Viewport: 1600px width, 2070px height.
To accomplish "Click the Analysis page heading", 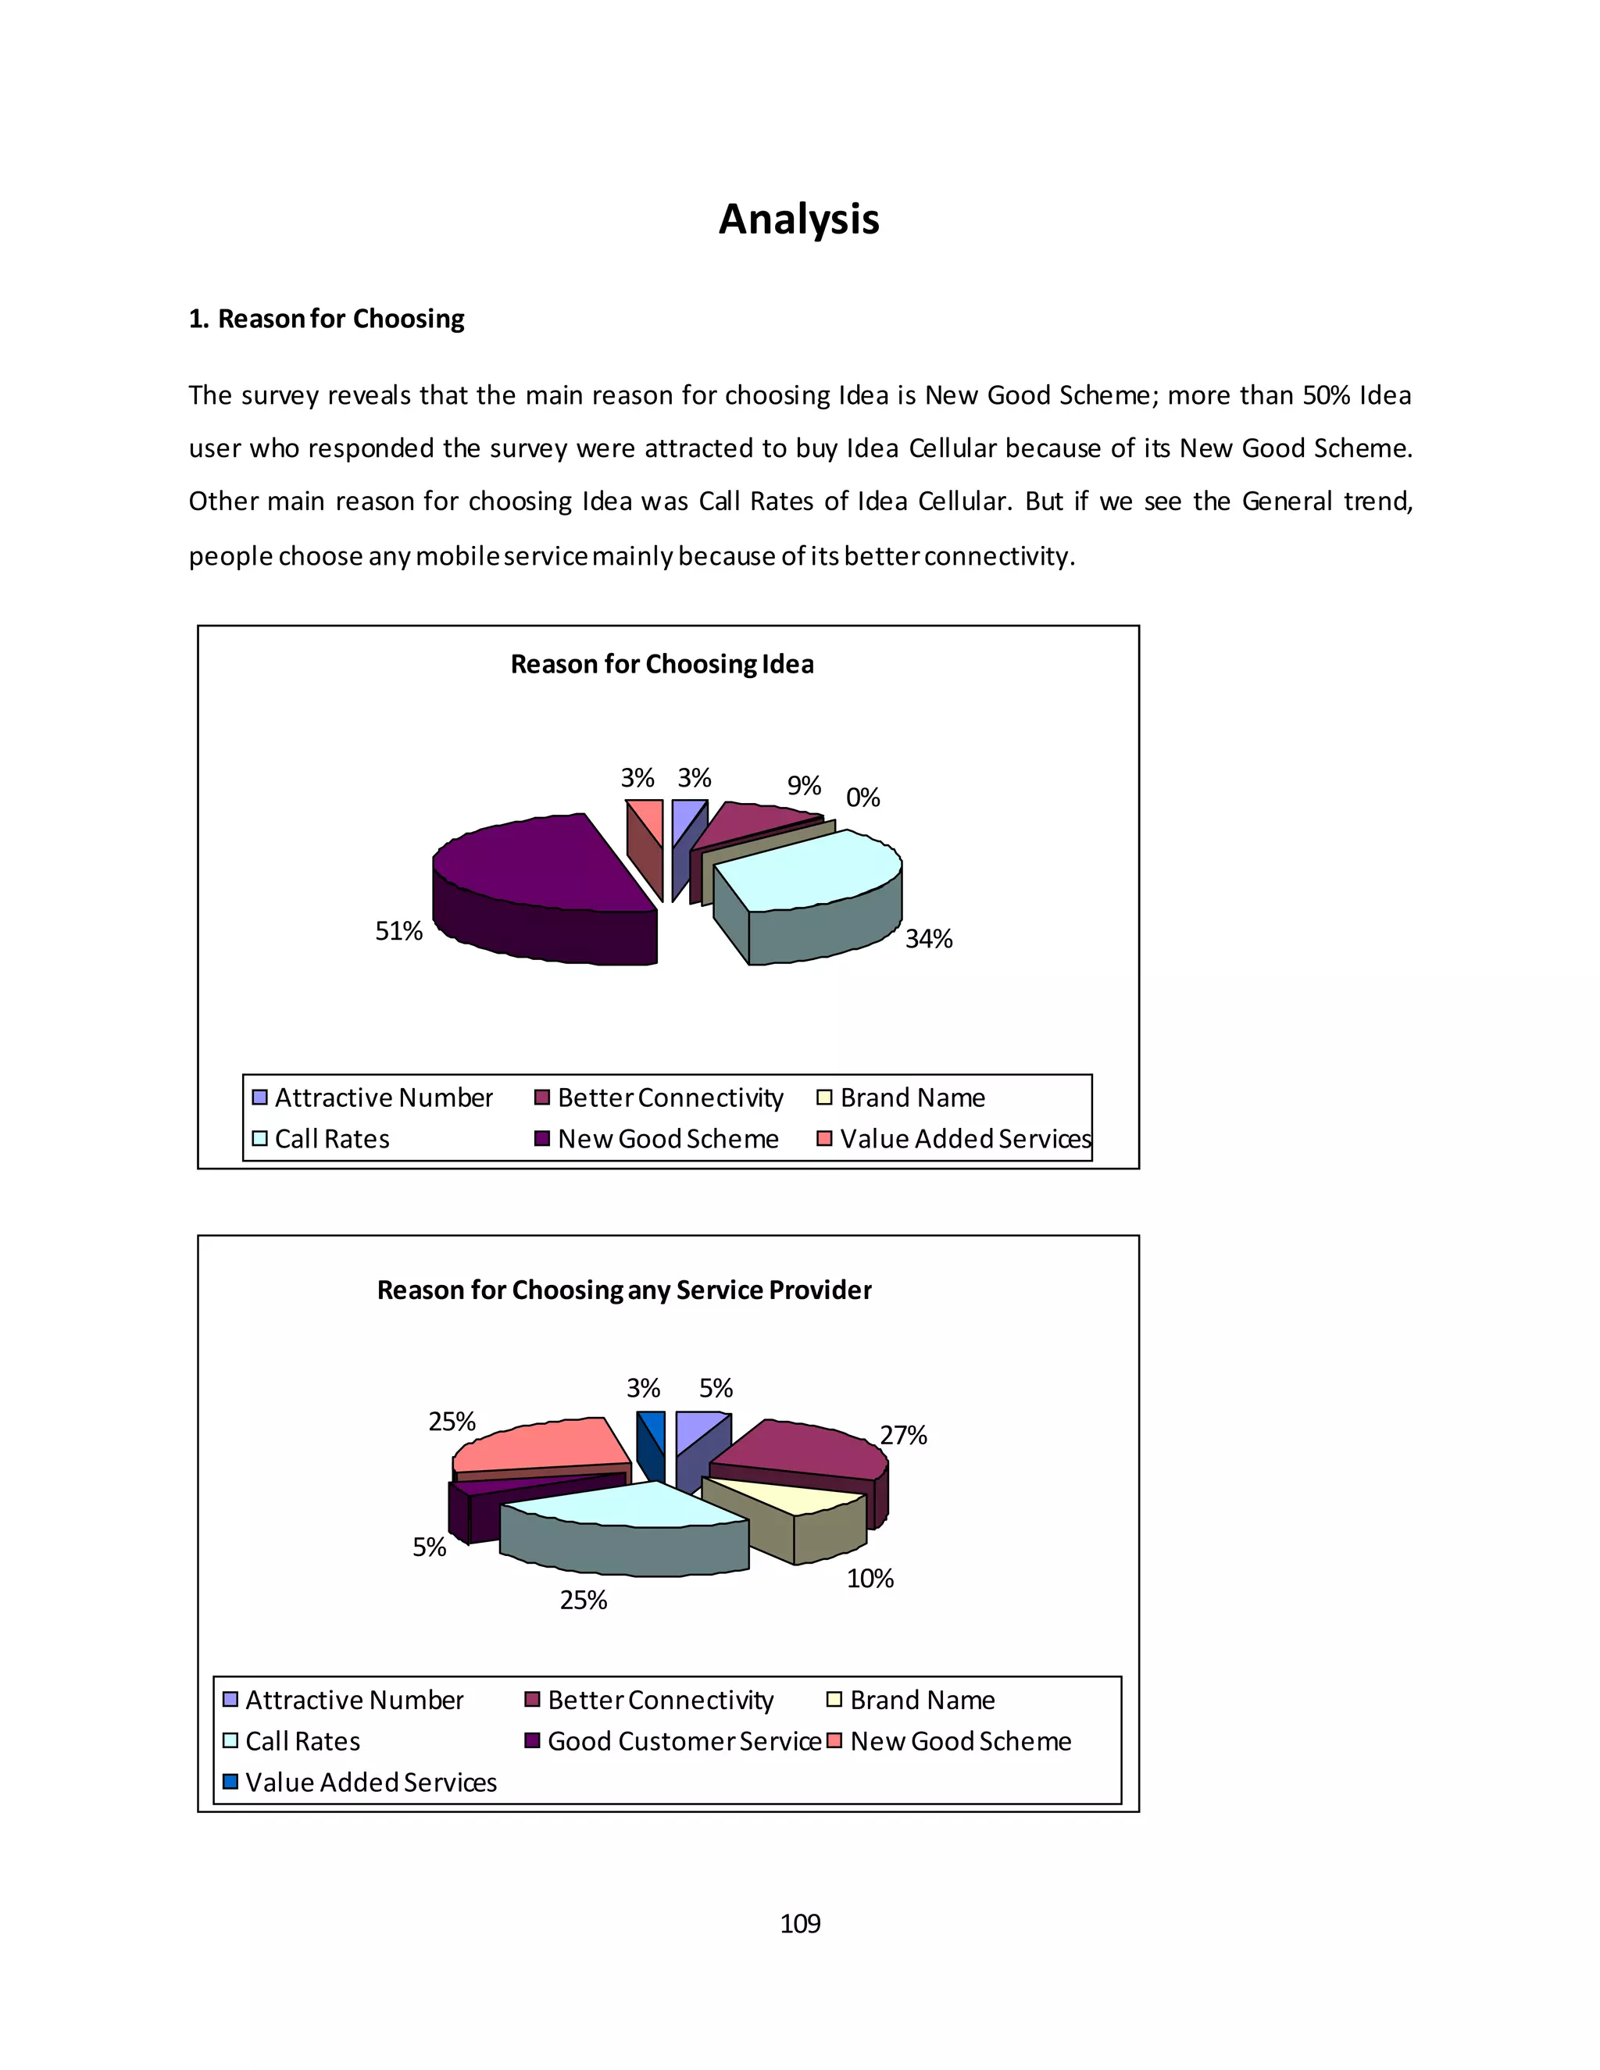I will click(x=798, y=219).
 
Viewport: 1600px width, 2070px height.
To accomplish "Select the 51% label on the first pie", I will click(x=398, y=931).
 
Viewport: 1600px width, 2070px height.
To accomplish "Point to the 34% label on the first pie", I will click(x=928, y=938).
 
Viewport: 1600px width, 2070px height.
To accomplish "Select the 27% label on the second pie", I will click(x=902, y=1435).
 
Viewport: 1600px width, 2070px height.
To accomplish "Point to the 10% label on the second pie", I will click(x=870, y=1578).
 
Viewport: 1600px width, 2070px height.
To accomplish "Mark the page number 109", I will click(x=799, y=1923).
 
